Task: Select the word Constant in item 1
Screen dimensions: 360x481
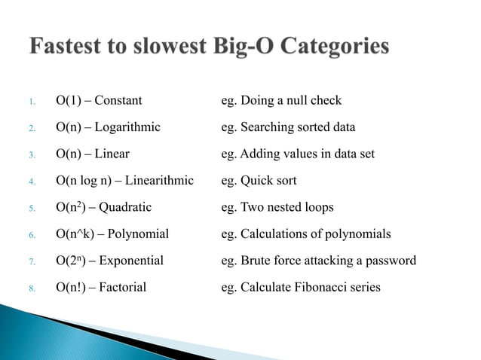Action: pos(117,100)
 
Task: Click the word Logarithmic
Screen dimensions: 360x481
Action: pos(127,127)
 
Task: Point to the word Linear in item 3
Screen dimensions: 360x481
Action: pos(112,154)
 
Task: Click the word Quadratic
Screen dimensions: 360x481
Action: pos(125,207)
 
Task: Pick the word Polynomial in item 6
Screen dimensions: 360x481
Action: pos(139,234)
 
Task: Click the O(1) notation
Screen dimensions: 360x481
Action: pos(68,100)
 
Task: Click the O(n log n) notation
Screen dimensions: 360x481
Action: pos(84,181)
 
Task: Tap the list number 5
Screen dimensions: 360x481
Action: pos(32,209)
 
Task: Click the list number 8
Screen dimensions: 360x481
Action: pos(32,288)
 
